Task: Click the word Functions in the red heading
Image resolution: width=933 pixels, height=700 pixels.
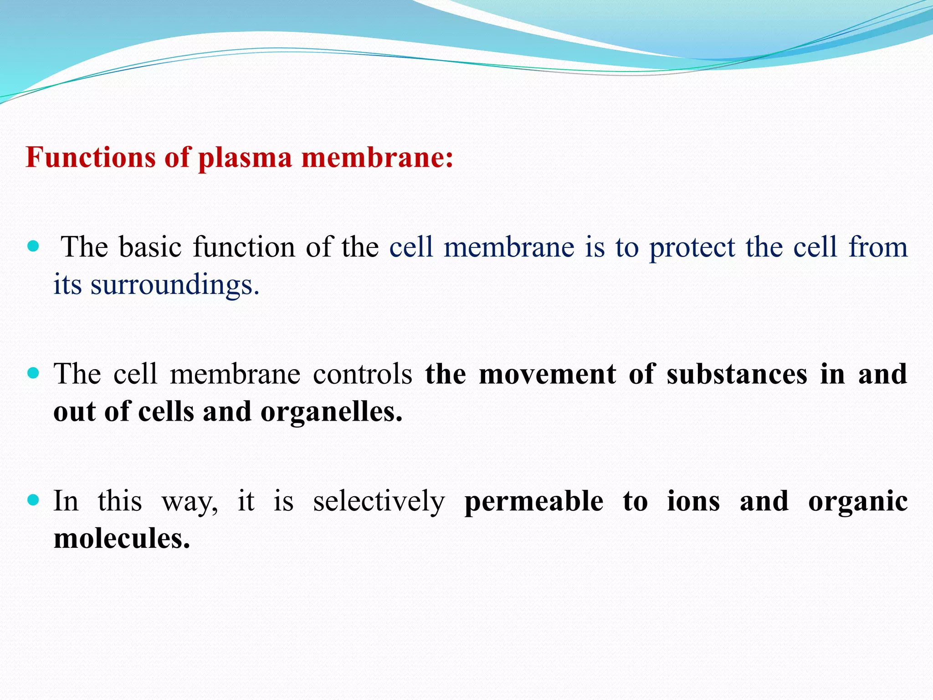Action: [91, 158]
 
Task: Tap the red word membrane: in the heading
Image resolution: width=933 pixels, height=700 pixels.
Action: [377, 158]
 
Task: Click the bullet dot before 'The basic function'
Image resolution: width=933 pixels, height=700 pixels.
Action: [33, 247]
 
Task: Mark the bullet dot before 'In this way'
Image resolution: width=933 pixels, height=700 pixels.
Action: [33, 500]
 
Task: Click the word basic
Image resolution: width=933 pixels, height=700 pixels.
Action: [150, 247]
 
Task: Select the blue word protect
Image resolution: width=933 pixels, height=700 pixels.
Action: [692, 248]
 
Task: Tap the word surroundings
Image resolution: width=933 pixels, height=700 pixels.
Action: [174, 285]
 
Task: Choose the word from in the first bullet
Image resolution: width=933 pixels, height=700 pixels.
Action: [878, 247]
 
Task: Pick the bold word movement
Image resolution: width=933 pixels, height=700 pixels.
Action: [548, 374]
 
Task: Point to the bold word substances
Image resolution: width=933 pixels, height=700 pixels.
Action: [737, 374]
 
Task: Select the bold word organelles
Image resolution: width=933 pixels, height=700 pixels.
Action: [331, 412]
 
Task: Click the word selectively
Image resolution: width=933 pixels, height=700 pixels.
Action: [379, 501]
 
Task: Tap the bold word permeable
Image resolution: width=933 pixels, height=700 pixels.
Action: [534, 501]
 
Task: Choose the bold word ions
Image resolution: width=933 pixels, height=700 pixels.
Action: [693, 501]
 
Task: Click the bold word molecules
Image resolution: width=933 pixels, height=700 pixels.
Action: [122, 539]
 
